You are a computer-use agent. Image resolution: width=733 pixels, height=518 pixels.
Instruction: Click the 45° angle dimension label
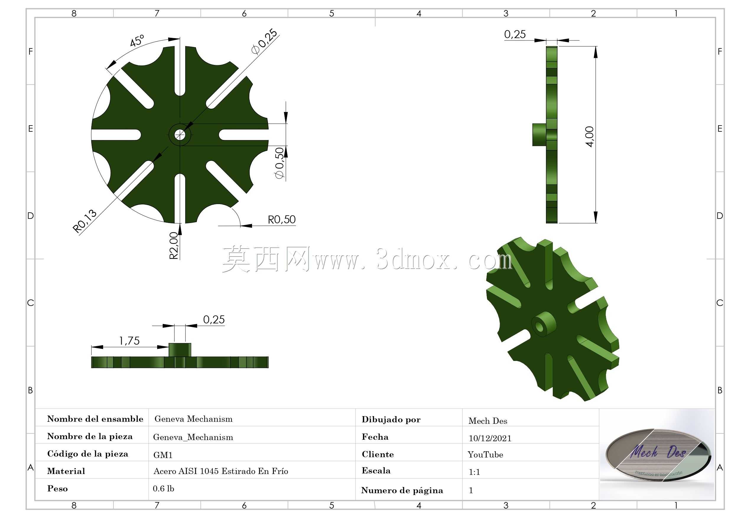pyautogui.click(x=137, y=40)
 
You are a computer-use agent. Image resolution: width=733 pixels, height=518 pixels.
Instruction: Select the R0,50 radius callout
pyautogui.click(x=282, y=220)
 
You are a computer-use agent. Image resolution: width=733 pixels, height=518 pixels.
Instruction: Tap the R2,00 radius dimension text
pyautogui.click(x=174, y=245)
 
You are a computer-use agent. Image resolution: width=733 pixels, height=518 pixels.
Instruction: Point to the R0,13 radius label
pyautogui.click(x=84, y=221)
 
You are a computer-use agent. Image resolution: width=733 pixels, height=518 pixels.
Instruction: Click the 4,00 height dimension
pyautogui.click(x=589, y=137)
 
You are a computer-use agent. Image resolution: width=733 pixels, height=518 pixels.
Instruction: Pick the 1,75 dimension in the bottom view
pyautogui.click(x=129, y=341)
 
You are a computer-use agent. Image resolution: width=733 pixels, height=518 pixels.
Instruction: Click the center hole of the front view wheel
pyautogui.click(x=180, y=135)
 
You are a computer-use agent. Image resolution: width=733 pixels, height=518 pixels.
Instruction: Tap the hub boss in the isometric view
pyautogui.click(x=543, y=325)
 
